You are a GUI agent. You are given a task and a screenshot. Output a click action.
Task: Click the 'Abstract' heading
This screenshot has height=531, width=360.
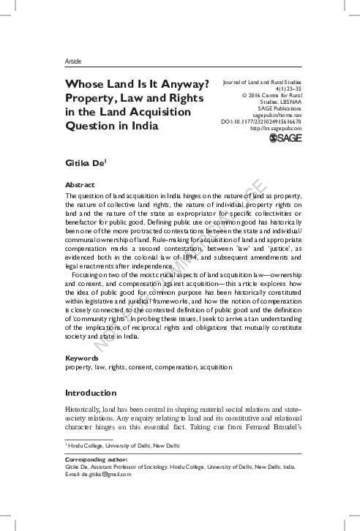tap(80, 186)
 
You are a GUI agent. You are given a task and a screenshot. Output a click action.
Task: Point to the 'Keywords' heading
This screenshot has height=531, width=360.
tap(82, 358)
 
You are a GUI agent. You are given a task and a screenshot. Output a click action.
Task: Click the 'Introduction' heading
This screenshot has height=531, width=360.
tap(91, 393)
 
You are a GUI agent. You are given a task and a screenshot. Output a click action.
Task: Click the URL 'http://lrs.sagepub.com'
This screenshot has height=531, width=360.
tap(275, 128)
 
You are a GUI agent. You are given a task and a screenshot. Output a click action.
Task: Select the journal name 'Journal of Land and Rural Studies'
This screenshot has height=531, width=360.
tap(260, 84)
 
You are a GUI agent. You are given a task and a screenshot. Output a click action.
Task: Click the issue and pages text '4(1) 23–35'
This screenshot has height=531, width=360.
tap(285, 91)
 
